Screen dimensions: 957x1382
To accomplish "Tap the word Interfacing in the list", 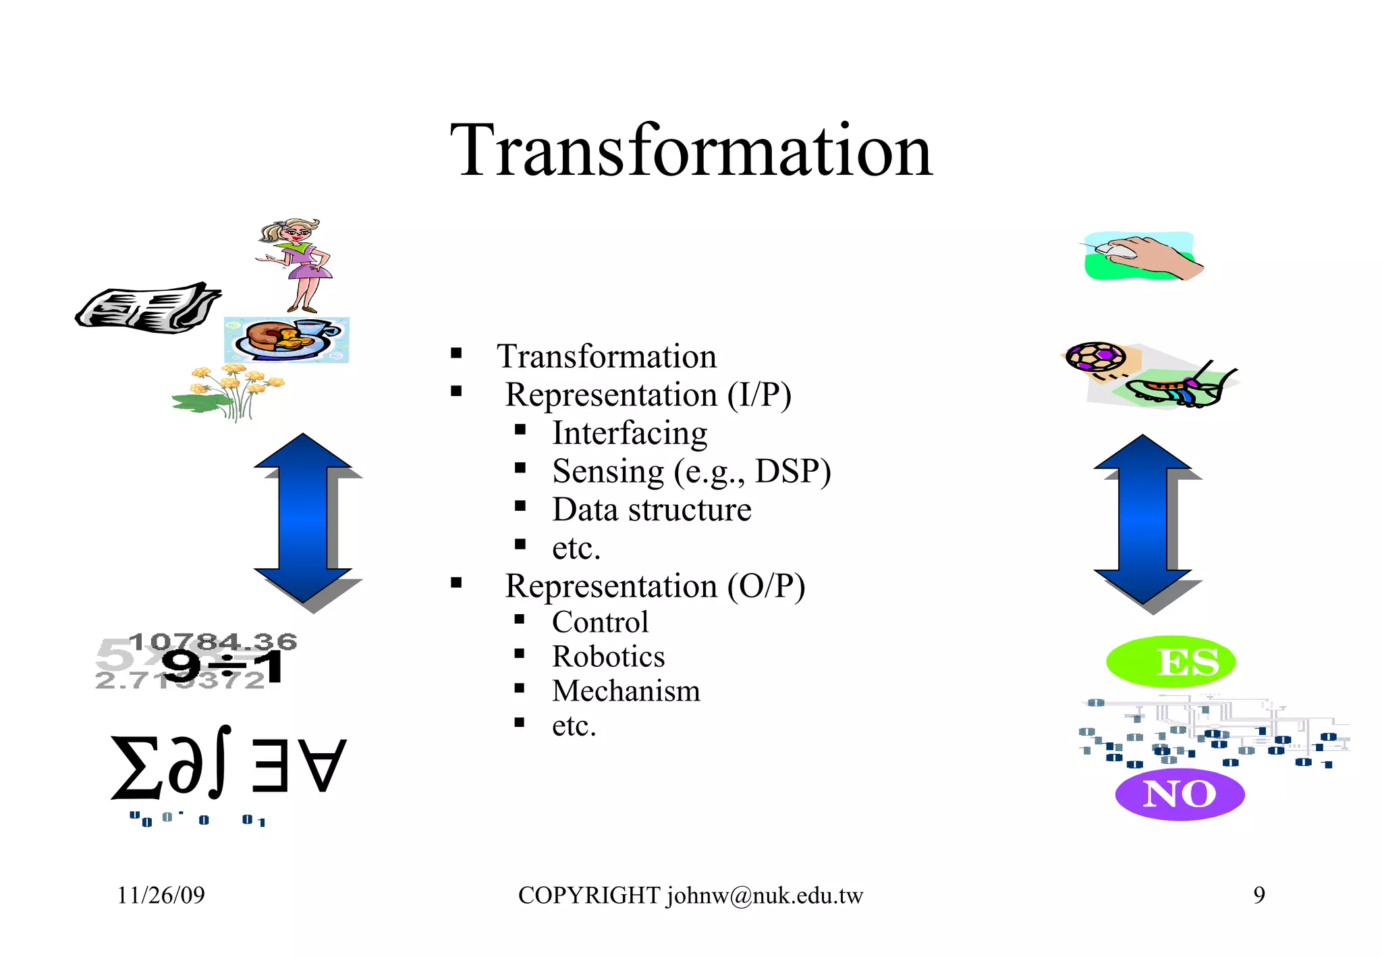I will pyautogui.click(x=629, y=433).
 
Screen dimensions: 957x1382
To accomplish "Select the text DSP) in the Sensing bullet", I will pyautogui.click(x=793, y=471).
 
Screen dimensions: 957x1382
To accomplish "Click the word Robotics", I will pyautogui.click(x=608, y=657).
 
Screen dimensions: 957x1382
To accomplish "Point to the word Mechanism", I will pyautogui.click(x=626, y=691).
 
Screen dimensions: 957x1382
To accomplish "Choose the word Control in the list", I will pyautogui.click(x=600, y=622).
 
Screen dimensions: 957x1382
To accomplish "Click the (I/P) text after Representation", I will pyautogui.click(x=759, y=395).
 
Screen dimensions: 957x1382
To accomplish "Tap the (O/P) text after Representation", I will pyautogui.click(x=766, y=586).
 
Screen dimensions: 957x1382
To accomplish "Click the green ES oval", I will pyautogui.click(x=1171, y=661).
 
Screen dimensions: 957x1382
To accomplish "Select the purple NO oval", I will pyautogui.click(x=1180, y=794).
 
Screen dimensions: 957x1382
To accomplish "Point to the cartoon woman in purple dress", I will pyautogui.click(x=297, y=263).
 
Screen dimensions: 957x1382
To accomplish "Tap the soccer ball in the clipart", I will pyautogui.click(x=1095, y=357).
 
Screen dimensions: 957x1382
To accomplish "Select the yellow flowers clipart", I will pyautogui.click(x=229, y=391).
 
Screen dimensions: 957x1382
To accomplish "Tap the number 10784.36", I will pyautogui.click(x=213, y=641).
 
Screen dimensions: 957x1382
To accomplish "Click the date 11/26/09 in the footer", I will pyautogui.click(x=161, y=896).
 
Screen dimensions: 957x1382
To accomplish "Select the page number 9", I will pyautogui.click(x=1259, y=896).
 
